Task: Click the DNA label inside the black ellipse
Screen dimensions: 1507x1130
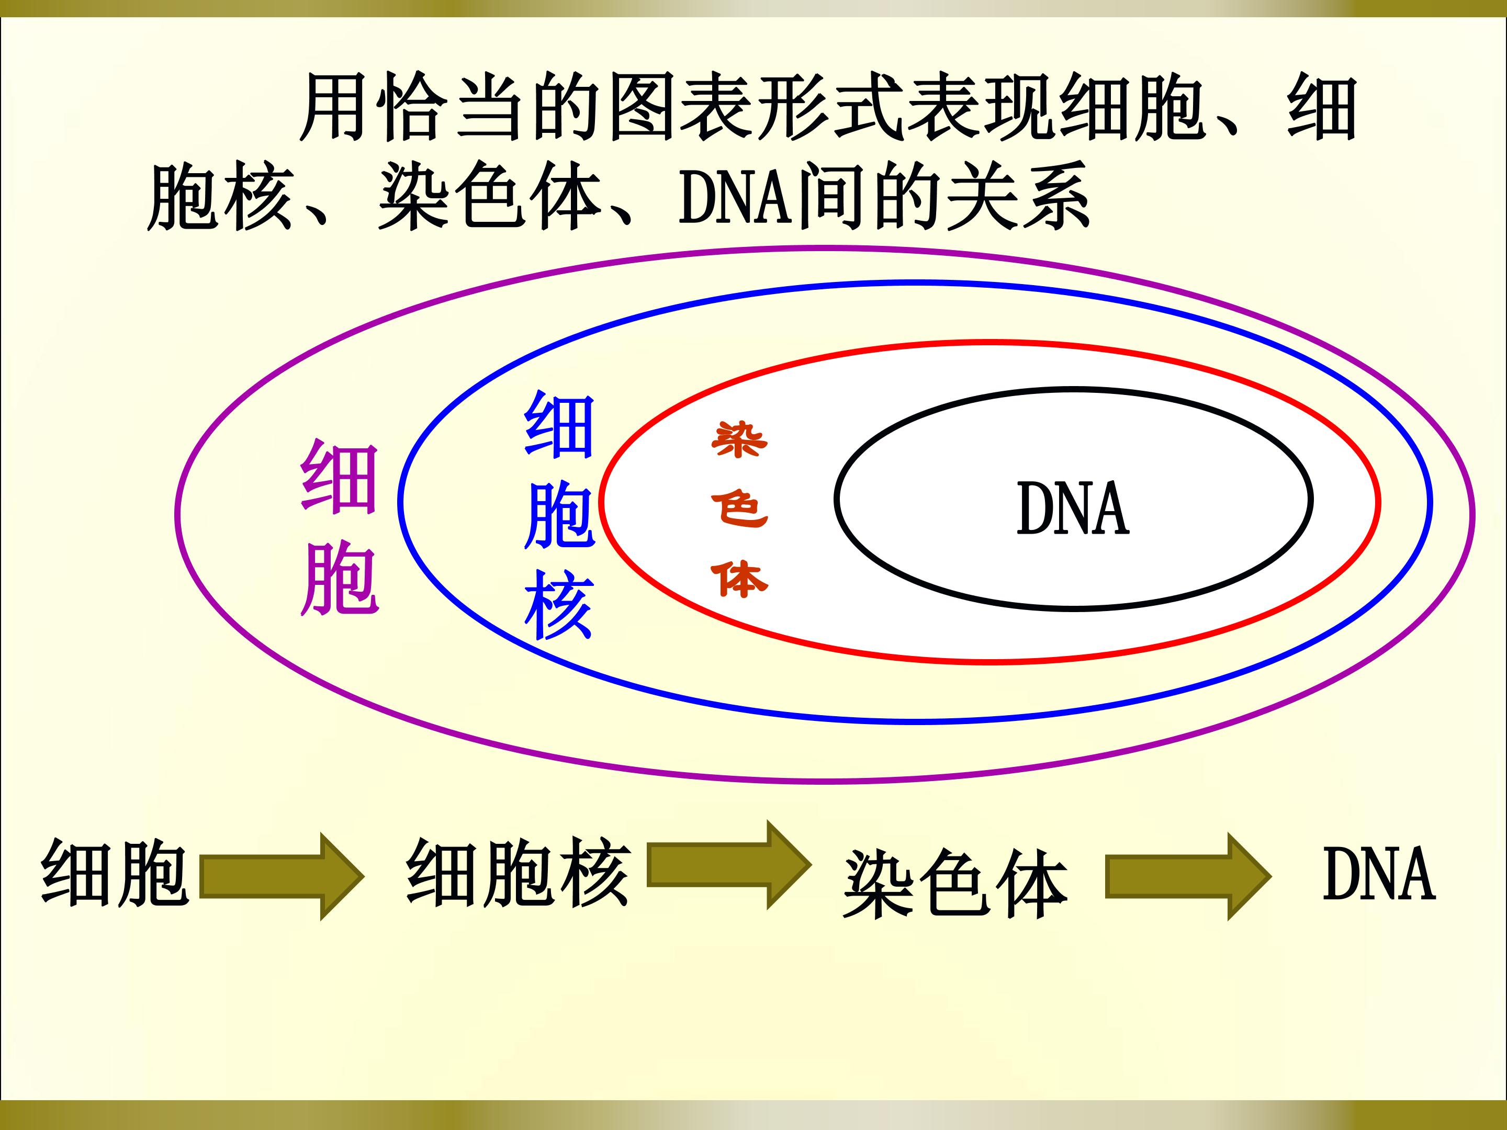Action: pos(1073,507)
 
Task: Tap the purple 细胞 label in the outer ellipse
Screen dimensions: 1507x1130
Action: pos(339,528)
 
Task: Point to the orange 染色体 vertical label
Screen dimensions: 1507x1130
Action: pos(739,509)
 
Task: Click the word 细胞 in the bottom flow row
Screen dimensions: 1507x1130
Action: pos(115,873)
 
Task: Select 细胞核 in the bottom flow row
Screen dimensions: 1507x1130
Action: pos(519,873)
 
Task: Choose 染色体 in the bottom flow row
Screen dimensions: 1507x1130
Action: pos(955,884)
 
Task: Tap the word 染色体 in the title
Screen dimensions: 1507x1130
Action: pos(490,197)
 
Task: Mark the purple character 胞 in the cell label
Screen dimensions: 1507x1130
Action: pos(339,579)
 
